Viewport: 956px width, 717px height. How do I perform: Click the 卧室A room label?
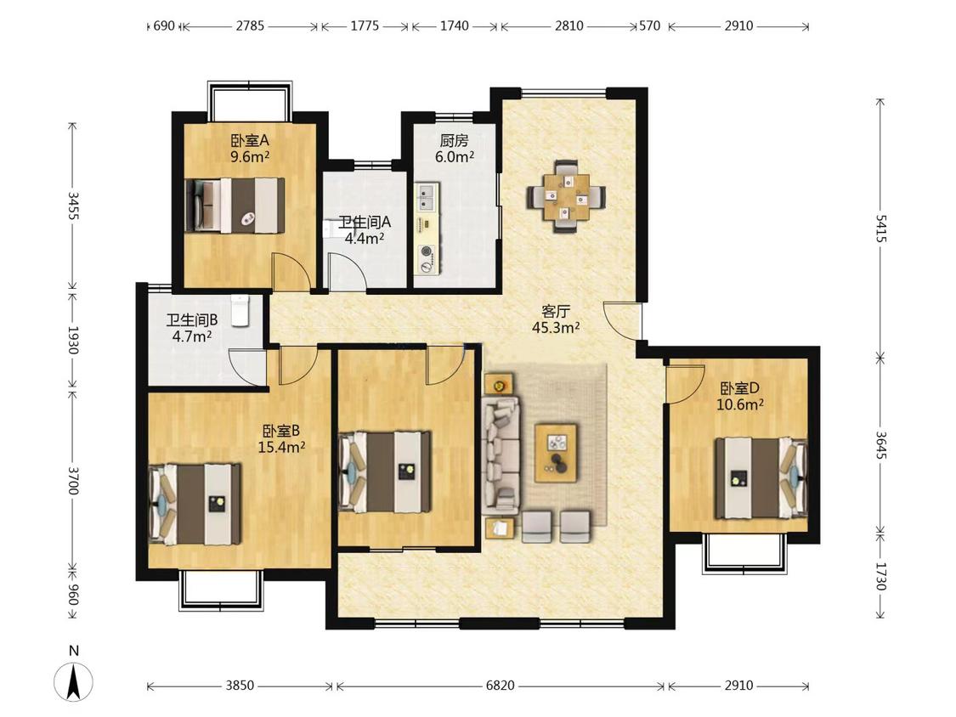pyautogui.click(x=249, y=141)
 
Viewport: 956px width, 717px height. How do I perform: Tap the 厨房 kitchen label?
pyautogui.click(x=455, y=141)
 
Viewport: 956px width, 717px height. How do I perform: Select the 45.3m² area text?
pyautogui.click(x=556, y=327)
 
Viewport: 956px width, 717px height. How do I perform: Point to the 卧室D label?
pyautogui.click(x=739, y=387)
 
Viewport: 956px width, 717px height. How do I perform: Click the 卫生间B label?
pyautogui.click(x=192, y=319)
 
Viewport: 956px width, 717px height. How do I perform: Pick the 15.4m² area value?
pyautogui.click(x=281, y=447)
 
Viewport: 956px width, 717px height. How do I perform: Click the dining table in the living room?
pyautogui.click(x=567, y=196)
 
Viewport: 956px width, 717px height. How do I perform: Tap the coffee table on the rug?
pyautogui.click(x=556, y=454)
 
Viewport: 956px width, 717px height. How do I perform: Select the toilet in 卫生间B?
pyautogui.click(x=240, y=311)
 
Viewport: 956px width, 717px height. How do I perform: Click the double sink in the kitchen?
pyautogui.click(x=426, y=196)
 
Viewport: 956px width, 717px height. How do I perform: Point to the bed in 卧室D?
pyautogui.click(x=761, y=477)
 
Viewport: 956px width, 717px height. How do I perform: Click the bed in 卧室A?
pyautogui.click(x=235, y=206)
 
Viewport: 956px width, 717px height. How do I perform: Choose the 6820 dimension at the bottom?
pyautogui.click(x=500, y=686)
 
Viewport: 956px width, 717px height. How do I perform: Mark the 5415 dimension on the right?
pyautogui.click(x=880, y=228)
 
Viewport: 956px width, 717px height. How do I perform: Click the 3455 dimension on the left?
pyautogui.click(x=72, y=206)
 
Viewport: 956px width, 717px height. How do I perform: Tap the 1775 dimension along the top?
pyautogui.click(x=365, y=25)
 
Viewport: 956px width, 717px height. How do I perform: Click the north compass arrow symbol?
pyautogui.click(x=74, y=681)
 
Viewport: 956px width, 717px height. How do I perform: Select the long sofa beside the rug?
pyautogui.click(x=501, y=454)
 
